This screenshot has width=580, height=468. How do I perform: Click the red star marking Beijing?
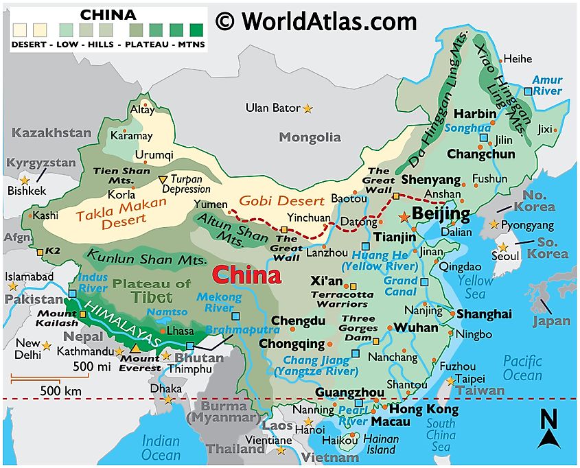[404, 216]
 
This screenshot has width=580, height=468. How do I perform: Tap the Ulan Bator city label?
[273, 108]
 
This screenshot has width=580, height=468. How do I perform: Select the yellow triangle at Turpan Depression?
[162, 180]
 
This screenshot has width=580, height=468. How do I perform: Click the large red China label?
[246, 275]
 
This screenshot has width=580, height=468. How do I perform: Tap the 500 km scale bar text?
[62, 390]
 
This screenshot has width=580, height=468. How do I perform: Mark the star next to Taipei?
[450, 379]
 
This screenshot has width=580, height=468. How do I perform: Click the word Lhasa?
[181, 330]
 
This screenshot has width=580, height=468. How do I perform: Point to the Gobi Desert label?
[281, 201]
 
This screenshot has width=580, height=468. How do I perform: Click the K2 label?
[52, 251]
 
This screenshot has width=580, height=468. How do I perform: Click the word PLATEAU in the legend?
[145, 44]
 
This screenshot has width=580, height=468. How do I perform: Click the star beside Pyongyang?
[494, 224]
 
